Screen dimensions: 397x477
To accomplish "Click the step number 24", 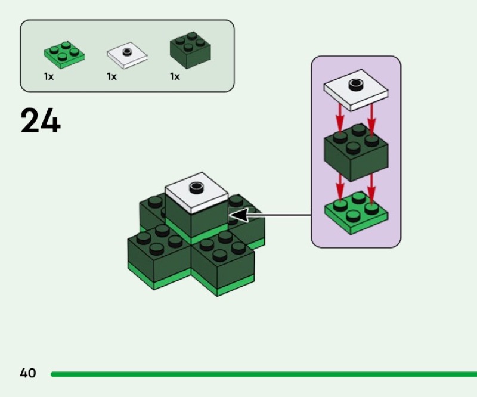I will click(x=41, y=121).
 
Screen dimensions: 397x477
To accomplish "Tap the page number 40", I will click(x=28, y=374).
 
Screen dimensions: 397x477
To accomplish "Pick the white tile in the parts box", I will click(x=127, y=55).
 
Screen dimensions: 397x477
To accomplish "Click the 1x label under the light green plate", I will click(x=48, y=77).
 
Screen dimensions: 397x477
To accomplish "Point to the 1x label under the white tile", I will click(x=111, y=77).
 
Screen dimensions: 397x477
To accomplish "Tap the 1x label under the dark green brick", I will click(x=175, y=77).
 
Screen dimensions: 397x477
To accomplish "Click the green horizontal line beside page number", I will click(x=262, y=374).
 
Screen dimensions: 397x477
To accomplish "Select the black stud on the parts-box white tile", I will click(x=126, y=52).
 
